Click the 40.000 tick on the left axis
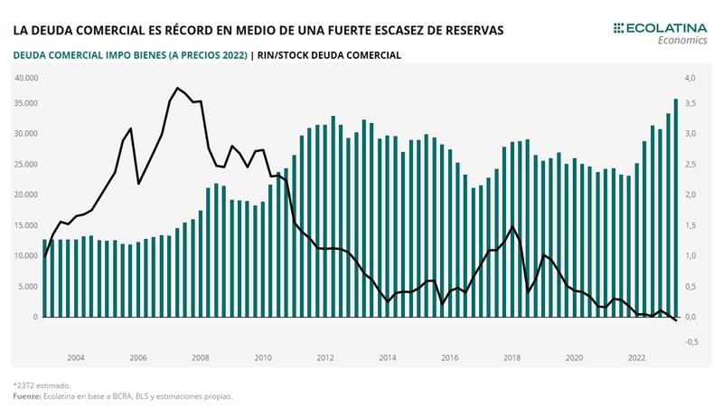click(25, 78)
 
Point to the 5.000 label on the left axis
click(27, 287)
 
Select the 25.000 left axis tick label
click(25, 164)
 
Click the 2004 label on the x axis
click(76, 358)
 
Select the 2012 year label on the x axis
click(325, 358)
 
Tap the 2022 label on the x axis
click(636, 358)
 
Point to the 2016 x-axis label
click(449, 358)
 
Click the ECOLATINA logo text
click(663, 28)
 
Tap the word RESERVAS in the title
click(469, 30)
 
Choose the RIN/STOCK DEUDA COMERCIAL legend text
click(329, 55)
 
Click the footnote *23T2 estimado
click(41, 385)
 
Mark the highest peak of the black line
click(177, 88)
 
